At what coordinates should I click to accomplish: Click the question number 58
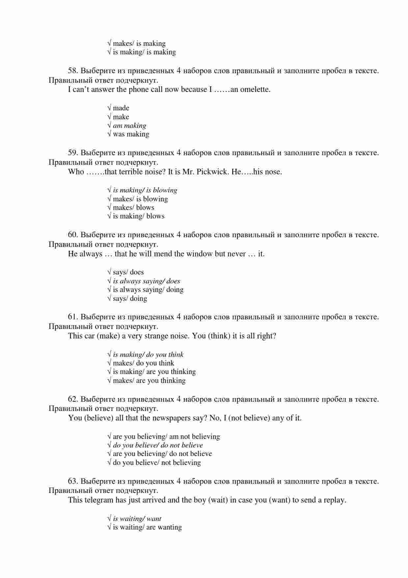73,71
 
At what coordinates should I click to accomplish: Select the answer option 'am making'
129,126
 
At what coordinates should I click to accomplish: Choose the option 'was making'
131,134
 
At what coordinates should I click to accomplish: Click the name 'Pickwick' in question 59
211,172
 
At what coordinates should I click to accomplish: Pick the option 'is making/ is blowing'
145,190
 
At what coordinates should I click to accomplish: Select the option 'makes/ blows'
133,208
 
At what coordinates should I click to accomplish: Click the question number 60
73,235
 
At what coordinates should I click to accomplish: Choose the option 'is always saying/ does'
147,281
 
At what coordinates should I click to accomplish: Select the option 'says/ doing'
130,299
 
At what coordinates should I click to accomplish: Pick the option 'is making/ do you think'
148,355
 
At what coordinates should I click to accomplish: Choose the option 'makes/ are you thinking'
149,381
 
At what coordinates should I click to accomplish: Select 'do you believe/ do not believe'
158,445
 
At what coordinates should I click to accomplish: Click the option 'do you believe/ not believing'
157,463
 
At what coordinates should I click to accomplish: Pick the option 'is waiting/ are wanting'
147,527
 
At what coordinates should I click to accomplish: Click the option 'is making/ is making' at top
144,52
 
